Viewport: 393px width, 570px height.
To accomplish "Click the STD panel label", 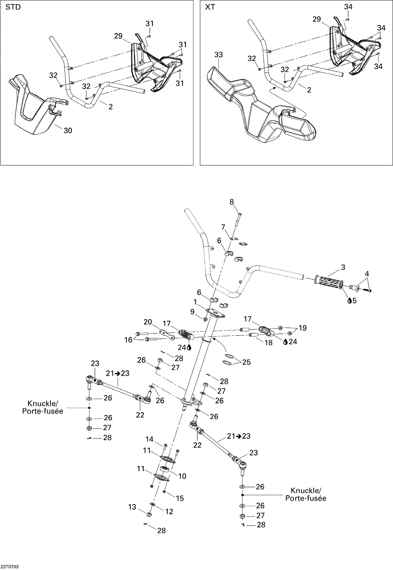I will point(13,7).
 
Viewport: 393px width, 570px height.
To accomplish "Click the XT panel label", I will point(210,7).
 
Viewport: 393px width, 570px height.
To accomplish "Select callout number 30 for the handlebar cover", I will point(68,131).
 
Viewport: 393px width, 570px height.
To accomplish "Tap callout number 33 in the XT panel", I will point(219,55).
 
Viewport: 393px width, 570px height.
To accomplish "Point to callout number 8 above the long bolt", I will point(232,202).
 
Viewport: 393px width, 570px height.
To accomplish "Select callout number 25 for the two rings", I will point(246,362).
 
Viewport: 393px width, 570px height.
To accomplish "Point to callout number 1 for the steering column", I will point(195,302).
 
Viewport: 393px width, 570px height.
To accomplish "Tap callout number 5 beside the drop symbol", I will point(354,301).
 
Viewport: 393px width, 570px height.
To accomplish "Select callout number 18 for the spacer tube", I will point(269,343).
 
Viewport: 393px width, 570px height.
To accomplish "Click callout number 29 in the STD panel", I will point(118,36).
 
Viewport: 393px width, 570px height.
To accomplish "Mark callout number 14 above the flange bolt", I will point(149,439).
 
